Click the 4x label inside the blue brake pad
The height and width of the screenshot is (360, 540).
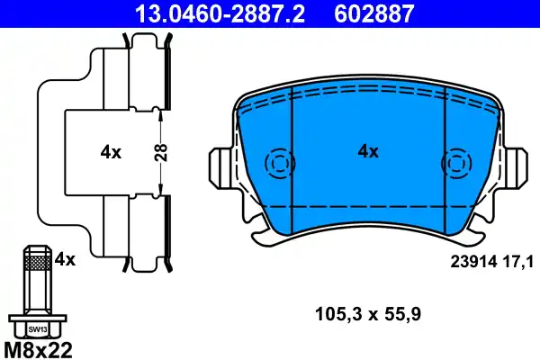coord(368,152)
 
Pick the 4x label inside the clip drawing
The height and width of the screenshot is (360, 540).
coord(111,153)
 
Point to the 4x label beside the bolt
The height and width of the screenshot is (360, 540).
coord(65,260)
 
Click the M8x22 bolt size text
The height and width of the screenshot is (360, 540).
coord(39,347)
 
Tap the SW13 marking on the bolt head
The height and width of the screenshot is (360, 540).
coord(36,329)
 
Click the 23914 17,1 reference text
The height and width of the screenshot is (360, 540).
coord(491,261)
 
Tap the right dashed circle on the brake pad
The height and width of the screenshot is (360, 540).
coord(456,164)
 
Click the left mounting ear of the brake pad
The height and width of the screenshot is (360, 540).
coord(220,166)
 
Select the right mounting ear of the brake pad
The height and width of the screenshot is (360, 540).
coord(516,166)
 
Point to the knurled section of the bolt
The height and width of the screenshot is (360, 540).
coord(36,263)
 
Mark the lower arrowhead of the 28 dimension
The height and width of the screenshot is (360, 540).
coord(159,192)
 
